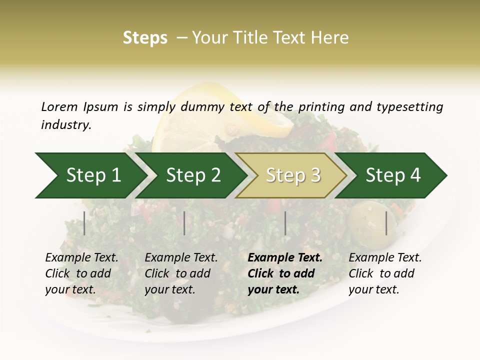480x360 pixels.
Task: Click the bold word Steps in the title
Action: tap(145, 37)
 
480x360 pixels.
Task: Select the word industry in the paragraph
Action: tap(65, 125)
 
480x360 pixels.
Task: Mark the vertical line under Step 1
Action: tap(84, 223)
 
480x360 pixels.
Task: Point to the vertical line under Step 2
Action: tap(184, 223)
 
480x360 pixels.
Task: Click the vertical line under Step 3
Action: tap(285, 223)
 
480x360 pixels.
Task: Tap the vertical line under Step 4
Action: tap(386, 223)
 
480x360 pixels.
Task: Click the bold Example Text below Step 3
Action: tap(285, 258)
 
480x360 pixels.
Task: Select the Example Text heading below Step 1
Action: tap(81, 258)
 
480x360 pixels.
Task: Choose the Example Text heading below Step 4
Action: tap(385, 258)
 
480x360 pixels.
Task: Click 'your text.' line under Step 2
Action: tap(169, 289)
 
